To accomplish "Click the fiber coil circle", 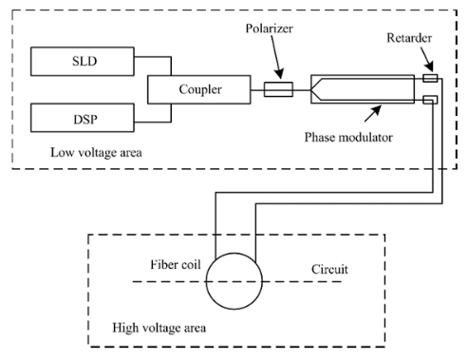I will tap(232, 282).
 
